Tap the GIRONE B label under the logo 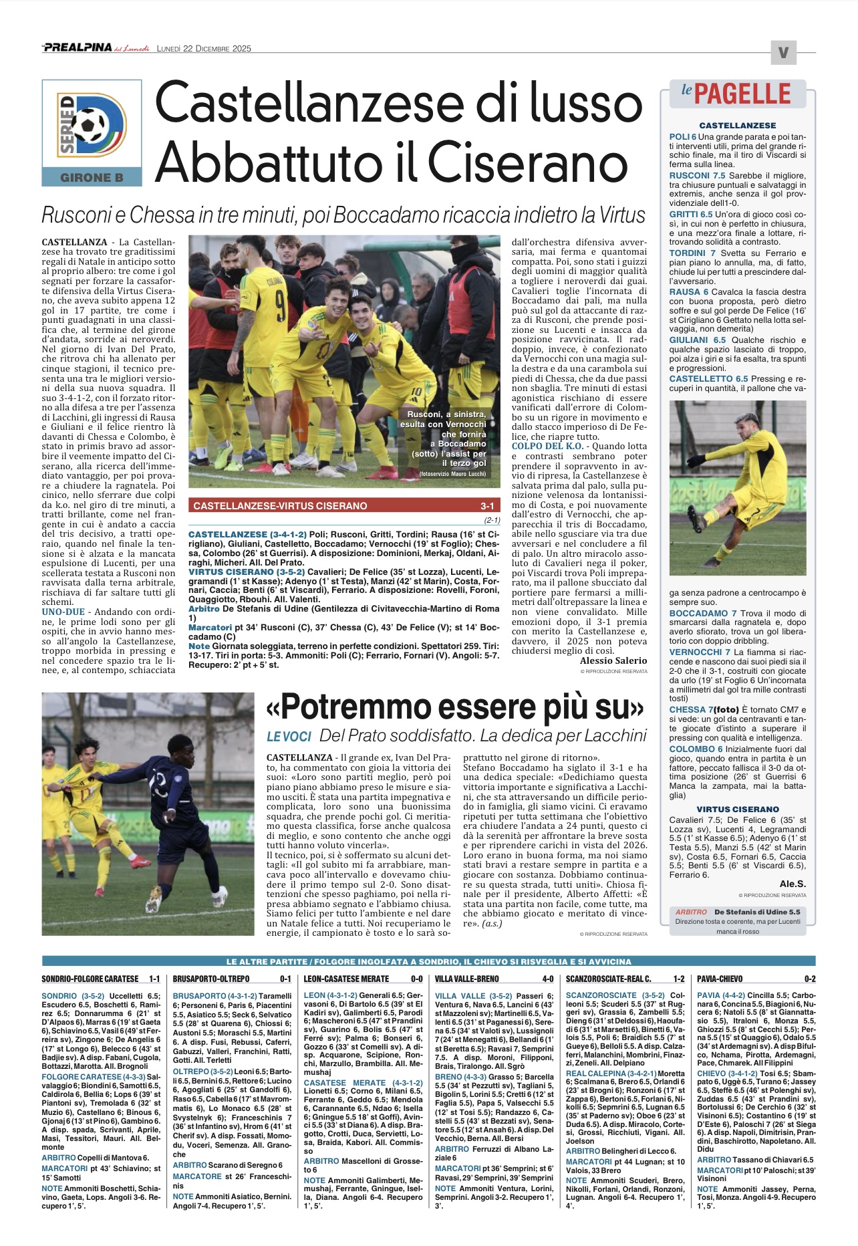point(92,178)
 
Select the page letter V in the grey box point(783,53)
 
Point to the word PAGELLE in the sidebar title point(742,94)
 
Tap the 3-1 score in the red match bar point(487,506)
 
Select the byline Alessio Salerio point(613,660)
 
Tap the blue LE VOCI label point(289,737)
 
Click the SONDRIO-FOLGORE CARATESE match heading point(90,979)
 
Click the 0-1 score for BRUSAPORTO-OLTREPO point(285,979)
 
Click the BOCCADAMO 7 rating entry point(703,613)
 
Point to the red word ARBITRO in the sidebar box point(691,912)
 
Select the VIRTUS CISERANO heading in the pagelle point(738,809)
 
